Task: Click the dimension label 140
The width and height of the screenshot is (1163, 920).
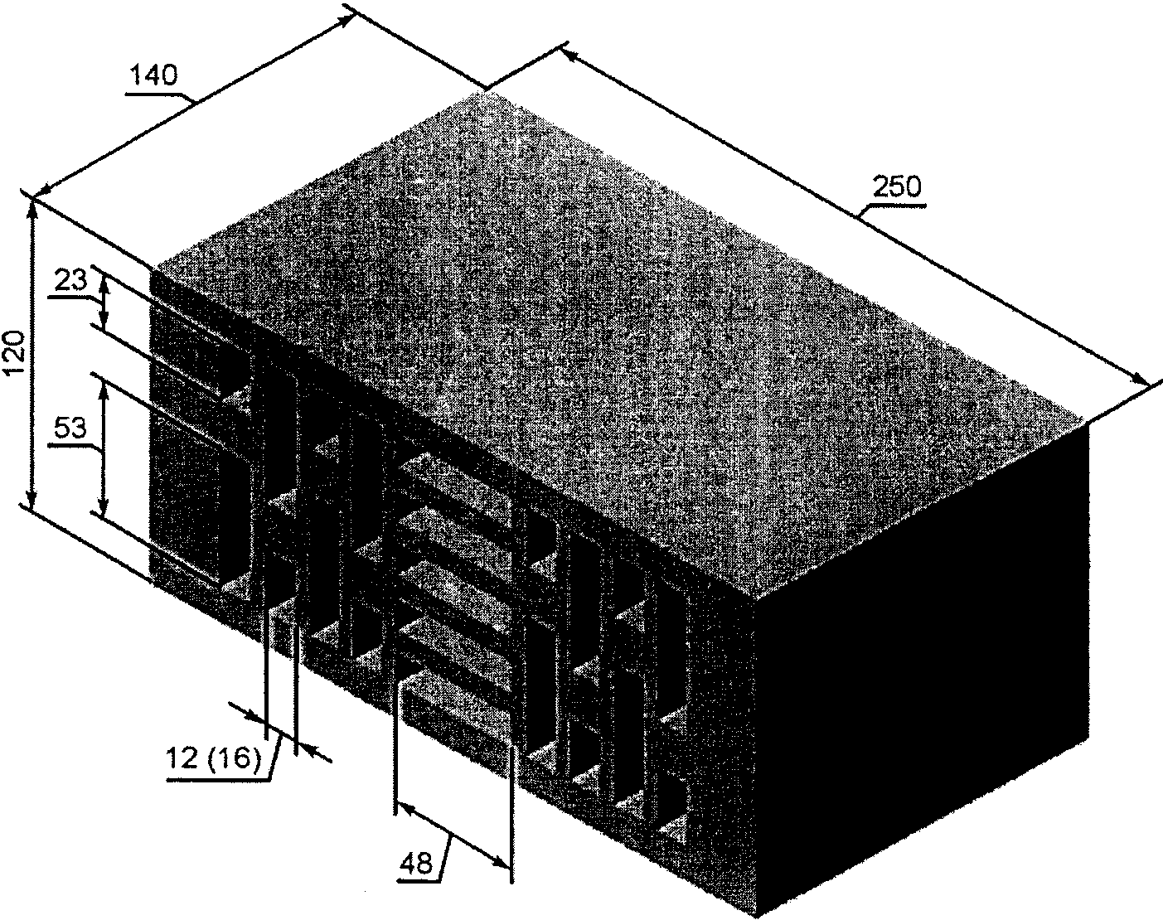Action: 155,76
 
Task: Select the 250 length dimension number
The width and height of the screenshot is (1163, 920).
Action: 899,187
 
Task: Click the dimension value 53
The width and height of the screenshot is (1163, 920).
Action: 70,428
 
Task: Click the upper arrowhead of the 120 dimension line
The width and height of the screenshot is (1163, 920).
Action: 33,207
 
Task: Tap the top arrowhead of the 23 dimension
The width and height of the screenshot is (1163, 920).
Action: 104,278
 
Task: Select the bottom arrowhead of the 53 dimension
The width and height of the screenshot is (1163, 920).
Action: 104,509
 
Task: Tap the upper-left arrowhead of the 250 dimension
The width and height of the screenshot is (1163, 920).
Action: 567,55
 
